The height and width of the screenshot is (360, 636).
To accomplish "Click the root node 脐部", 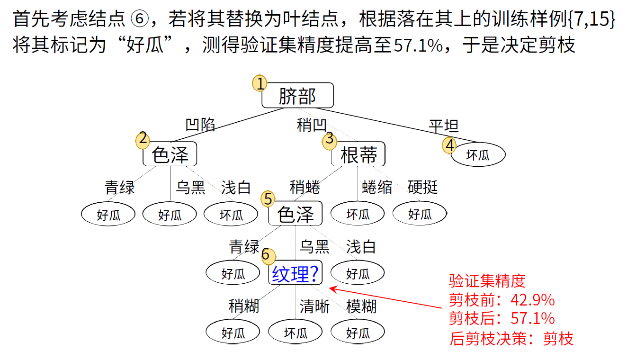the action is pos(297,96).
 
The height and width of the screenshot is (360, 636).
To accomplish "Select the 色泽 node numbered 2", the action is pos(170,155).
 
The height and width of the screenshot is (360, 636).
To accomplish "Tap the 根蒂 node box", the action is pos(358,155).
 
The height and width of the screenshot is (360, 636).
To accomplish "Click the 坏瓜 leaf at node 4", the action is pos(478,155).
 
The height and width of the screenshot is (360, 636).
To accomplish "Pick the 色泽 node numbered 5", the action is pos(295,214).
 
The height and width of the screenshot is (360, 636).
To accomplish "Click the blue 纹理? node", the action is pos(295,273).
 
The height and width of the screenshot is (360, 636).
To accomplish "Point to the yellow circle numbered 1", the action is pos(259,83).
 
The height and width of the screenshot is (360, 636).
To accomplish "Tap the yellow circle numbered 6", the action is pos(267,255).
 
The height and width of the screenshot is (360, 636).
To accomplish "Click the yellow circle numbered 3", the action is pos(329,140).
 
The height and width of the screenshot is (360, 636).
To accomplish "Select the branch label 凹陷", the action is pos(200,125).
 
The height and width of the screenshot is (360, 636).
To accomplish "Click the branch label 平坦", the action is pos(443,126).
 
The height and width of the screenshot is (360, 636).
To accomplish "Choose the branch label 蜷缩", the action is pos(377,188).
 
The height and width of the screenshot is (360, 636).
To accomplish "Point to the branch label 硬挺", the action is pos(422,188).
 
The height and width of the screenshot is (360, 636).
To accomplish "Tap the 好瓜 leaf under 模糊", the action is pos(358,333).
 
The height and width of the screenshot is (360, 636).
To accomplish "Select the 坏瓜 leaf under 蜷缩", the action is pos(358,214).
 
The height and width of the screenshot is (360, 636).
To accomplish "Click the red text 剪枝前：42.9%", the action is pos(501,300).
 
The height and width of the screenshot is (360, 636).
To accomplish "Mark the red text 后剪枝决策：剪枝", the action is pos(511,338).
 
